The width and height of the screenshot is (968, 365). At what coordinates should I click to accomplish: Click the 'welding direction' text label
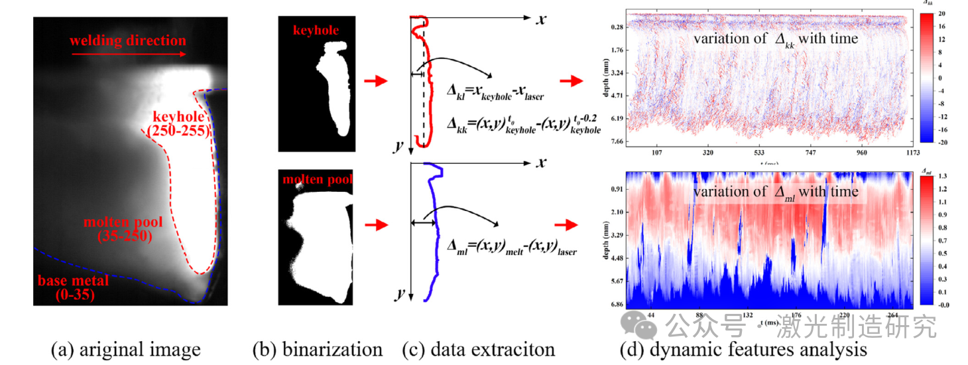pos(128,40)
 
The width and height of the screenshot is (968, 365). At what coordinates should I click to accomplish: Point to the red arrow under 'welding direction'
pos(127,56)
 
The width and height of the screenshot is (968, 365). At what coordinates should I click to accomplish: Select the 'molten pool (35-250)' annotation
pos(117,228)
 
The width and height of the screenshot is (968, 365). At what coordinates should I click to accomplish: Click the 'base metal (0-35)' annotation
pos(73,287)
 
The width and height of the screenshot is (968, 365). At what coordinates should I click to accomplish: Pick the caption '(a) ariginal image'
pos(125,349)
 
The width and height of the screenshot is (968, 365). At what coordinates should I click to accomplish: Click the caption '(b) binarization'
pos(317,349)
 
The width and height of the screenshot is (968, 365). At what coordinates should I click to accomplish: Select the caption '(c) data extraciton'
pos(478,349)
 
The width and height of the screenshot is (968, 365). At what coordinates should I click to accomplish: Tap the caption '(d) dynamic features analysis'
pos(743,349)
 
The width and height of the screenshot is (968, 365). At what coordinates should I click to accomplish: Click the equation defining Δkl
pos(496,96)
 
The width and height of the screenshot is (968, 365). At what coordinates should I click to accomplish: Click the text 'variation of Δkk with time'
pos(776,38)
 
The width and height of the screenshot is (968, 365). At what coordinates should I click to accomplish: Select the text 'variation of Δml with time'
pos(776,192)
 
